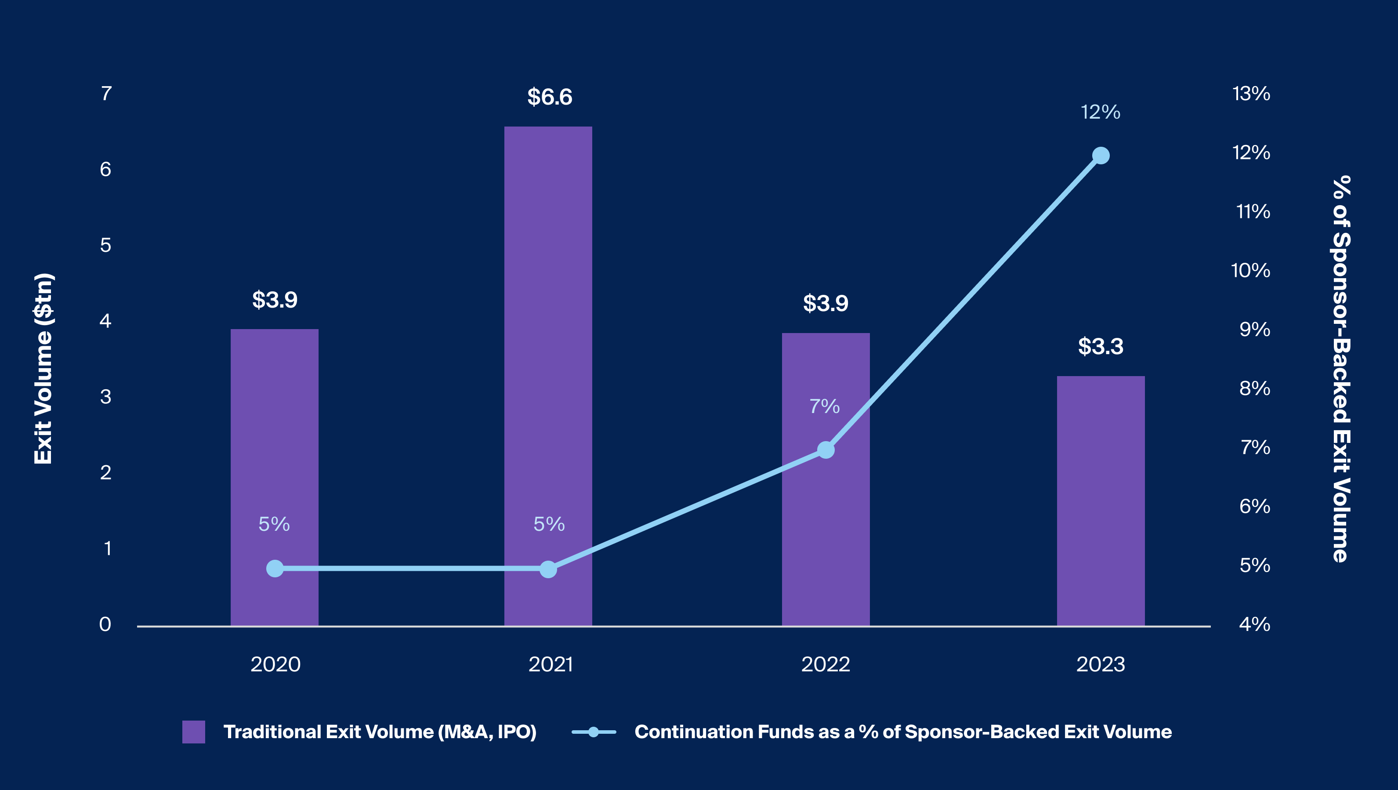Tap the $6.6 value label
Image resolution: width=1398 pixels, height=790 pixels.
pyautogui.click(x=550, y=97)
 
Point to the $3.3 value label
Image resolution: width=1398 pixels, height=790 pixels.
pyautogui.click(x=1101, y=346)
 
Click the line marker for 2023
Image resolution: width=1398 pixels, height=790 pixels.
pyautogui.click(x=1101, y=156)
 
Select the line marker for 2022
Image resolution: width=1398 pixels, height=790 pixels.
pyautogui.click(x=826, y=450)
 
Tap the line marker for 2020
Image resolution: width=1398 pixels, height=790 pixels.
pyautogui.click(x=275, y=569)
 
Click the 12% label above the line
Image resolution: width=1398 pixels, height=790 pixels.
pyautogui.click(x=1101, y=112)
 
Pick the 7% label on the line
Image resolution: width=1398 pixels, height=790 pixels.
pyautogui.click(x=824, y=406)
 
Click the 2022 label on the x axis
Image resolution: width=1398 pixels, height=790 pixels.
pyautogui.click(x=826, y=664)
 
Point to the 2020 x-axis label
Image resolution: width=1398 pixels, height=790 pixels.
pyautogui.click(x=275, y=664)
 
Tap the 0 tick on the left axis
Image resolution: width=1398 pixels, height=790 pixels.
pyautogui.click(x=105, y=624)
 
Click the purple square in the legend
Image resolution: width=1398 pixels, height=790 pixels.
pyautogui.click(x=194, y=732)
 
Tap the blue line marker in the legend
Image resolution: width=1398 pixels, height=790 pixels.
pyautogui.click(x=594, y=732)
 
